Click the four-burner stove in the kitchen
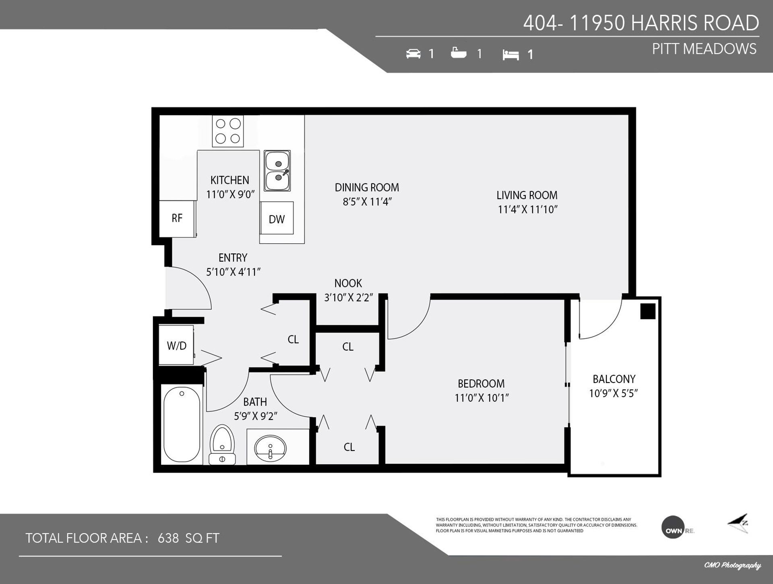pos(228,131)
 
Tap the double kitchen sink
pos(277,170)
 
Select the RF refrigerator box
pos(177,218)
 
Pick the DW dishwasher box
pos(277,218)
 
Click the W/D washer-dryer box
pos(176,345)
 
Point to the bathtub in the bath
pos(182,425)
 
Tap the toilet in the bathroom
pos(222,444)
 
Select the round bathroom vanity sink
pos(270,448)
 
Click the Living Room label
pos(527,195)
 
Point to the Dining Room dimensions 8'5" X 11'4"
pos(367,202)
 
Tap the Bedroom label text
pos(481,383)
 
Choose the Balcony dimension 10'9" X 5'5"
pos(614,393)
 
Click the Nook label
pos(348,283)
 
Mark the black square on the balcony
pos(648,311)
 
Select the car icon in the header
pos(413,54)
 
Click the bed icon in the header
pos(511,55)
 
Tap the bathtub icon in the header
pos(459,53)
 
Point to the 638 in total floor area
pos(168,538)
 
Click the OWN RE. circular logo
pos(673,527)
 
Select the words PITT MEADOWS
pos(704,49)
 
